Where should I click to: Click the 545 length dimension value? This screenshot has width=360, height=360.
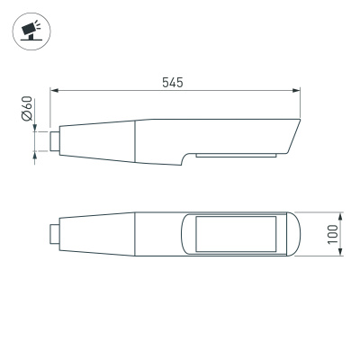pos(173,82)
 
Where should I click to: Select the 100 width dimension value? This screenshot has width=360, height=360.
pos(333,235)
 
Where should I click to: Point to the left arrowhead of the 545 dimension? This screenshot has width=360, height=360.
pos(54,91)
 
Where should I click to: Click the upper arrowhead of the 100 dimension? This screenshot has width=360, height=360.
pos(343,216)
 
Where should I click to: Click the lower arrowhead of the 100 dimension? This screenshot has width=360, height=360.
pos(343,255)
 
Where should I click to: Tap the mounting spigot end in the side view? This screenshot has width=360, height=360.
pos(54,140)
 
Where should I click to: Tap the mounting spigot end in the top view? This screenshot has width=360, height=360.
pos(54,235)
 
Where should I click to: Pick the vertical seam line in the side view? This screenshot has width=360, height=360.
pos(135,143)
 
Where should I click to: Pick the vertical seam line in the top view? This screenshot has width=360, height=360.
pos(135,235)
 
